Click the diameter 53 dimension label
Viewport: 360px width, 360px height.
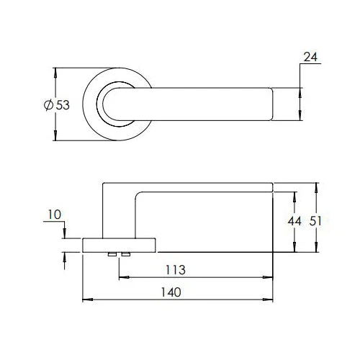tap(57, 105)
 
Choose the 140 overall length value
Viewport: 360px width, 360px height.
tap(171, 292)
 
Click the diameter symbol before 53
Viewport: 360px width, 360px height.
tap(48, 105)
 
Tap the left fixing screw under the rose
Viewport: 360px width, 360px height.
tap(113, 255)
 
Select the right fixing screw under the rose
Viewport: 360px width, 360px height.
tap(126, 255)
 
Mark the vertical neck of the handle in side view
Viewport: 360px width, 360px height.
tap(118, 212)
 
